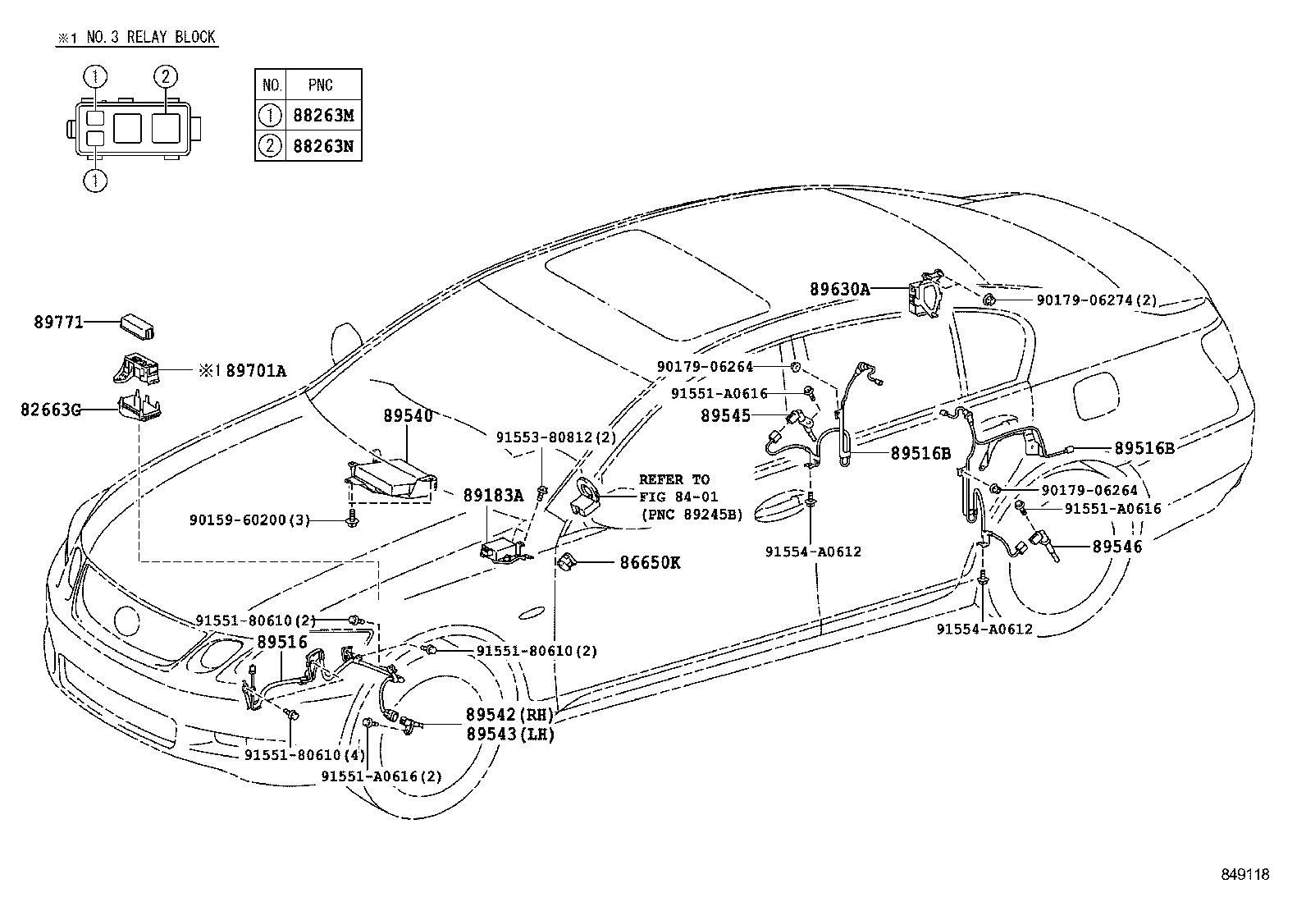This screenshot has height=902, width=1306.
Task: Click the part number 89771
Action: pos(58,323)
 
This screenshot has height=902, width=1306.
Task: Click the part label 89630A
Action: pos(839,289)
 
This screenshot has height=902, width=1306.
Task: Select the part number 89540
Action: pos(408,416)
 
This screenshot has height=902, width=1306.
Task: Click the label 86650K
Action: pos(651,563)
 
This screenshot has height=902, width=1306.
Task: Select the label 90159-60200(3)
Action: pos(249,520)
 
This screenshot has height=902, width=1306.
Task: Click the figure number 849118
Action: pos(1244,875)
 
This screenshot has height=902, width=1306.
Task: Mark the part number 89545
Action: pos(725,416)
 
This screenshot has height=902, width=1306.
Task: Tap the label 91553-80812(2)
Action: pos(555,437)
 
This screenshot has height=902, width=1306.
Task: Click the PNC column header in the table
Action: pos(321,85)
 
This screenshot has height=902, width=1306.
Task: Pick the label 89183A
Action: pos(493,495)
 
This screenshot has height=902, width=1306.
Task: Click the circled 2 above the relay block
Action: pos(165,77)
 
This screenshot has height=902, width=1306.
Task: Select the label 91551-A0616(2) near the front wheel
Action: pos(381,776)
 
